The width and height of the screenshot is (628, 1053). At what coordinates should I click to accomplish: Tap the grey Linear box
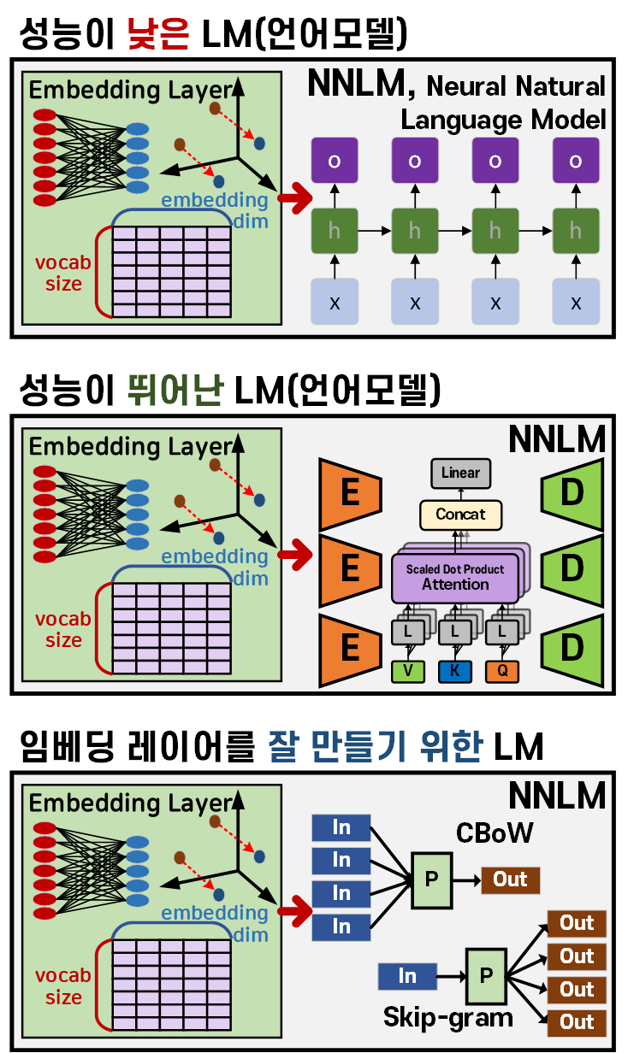tap(461, 473)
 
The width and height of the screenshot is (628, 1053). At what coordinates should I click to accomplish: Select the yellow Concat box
tap(460, 515)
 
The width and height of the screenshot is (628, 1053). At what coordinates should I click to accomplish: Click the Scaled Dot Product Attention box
tap(455, 577)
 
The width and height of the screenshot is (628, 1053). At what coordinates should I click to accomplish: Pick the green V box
tap(408, 671)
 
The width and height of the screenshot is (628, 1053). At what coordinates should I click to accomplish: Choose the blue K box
tap(455, 671)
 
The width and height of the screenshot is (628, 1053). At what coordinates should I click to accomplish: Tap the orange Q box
tap(502, 671)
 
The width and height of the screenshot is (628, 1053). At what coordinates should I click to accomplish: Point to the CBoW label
tap(495, 832)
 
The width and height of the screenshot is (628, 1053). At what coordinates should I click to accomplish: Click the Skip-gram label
tap(448, 1017)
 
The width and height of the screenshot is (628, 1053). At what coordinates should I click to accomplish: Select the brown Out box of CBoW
tap(511, 879)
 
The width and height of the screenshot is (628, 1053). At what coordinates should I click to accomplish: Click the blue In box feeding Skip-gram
tap(407, 975)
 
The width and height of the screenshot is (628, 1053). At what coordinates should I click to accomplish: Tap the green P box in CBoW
tap(432, 879)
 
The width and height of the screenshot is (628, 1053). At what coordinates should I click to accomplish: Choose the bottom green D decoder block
tap(571, 647)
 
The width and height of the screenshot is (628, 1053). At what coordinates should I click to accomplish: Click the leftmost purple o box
tap(335, 161)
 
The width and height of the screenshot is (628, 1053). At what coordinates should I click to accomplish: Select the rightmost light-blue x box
tap(576, 302)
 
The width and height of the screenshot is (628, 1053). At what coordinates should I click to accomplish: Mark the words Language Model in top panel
tap(504, 119)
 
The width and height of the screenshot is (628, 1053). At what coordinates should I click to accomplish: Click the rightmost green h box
tap(576, 231)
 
